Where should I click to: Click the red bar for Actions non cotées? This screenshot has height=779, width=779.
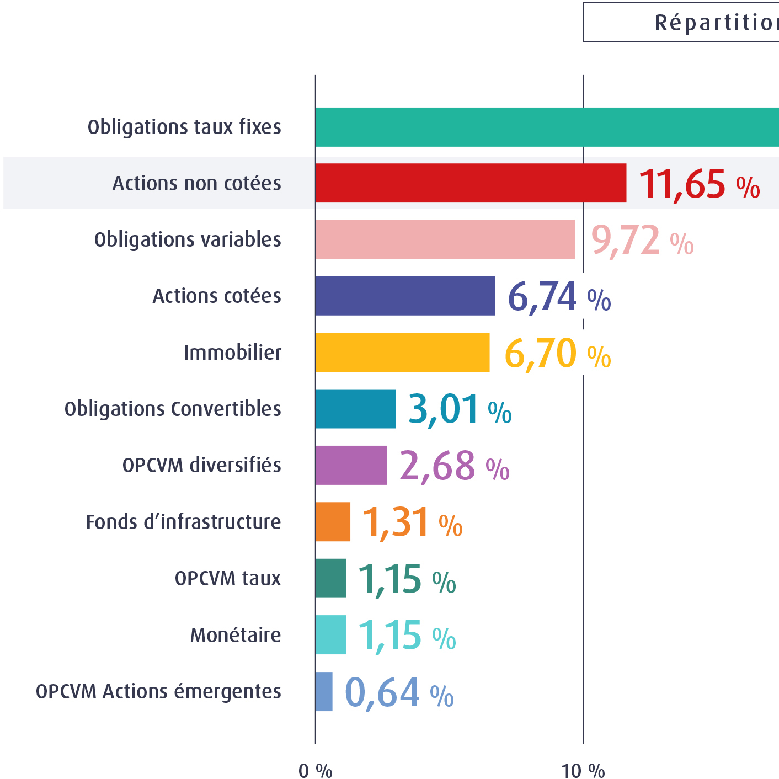coord(471,183)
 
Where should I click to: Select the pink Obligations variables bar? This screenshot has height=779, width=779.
coord(445,239)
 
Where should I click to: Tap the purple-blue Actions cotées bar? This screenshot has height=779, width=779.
coord(405,296)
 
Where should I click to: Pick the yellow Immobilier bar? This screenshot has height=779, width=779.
coord(402,353)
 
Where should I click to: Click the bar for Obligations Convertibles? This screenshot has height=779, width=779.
coord(355,409)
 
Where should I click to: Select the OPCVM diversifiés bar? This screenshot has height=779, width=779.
coord(351,465)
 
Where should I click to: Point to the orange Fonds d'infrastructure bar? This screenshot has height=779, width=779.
coord(333,522)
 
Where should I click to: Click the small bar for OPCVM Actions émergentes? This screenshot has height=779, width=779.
coord(324,691)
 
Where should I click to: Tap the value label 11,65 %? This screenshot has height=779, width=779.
coord(699,184)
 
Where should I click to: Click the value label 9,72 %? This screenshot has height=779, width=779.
coord(642,241)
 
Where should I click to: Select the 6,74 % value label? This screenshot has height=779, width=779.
coord(558,297)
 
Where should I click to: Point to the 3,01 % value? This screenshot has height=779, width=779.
coord(460,410)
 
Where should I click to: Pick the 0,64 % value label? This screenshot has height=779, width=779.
coord(399,693)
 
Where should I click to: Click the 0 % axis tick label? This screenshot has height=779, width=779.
coord(315,771)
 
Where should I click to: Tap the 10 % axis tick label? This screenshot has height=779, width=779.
coord(583,771)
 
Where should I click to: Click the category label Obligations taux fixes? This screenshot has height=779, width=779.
coord(184,127)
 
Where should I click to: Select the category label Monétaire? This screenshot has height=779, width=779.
coord(236,635)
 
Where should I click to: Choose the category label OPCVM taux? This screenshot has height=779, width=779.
coord(227,578)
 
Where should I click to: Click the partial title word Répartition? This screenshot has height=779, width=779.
coord(716,23)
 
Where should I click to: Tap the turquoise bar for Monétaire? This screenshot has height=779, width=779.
coord(330,635)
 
